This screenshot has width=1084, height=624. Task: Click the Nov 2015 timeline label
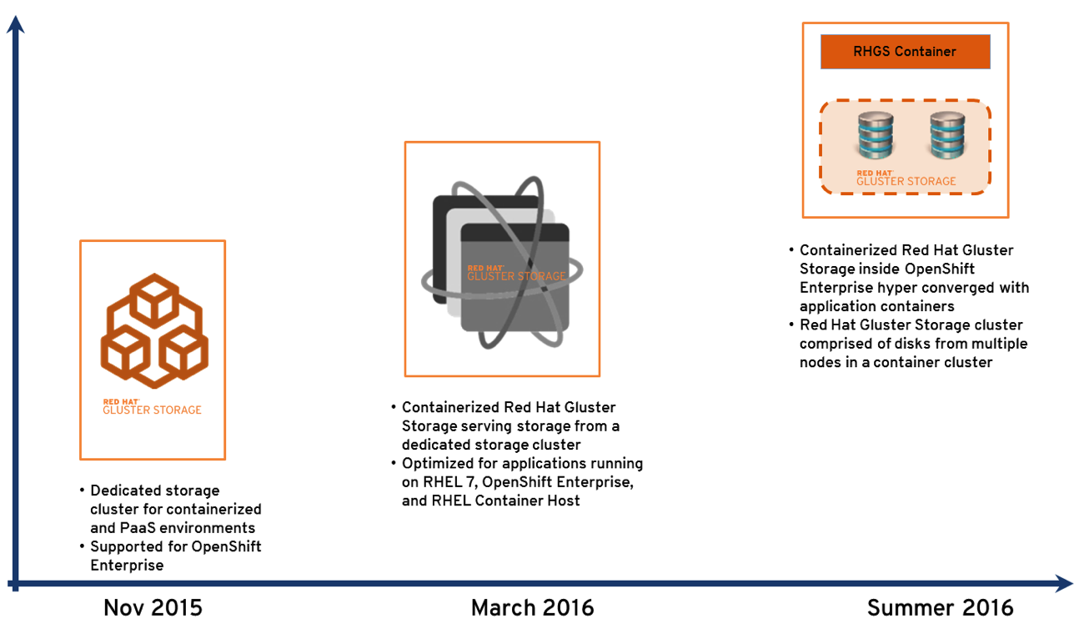pyautogui.click(x=153, y=607)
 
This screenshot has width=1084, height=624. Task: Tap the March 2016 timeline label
pyautogui.click(x=532, y=607)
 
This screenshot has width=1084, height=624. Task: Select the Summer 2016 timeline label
pyautogui.click(x=940, y=607)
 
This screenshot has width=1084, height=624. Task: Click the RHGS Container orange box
pyautogui.click(x=905, y=52)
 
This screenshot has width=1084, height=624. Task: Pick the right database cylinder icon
pyautogui.click(x=947, y=136)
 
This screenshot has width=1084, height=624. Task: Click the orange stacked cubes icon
pyautogui.click(x=154, y=330)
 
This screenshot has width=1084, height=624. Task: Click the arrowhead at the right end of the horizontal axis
pyautogui.click(x=1063, y=584)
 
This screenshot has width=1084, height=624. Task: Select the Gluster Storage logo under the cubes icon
pyautogui.click(x=152, y=406)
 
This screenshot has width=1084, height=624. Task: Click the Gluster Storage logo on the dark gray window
pyautogui.click(x=515, y=273)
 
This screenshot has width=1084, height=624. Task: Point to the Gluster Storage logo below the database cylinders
pyautogui.click(x=906, y=178)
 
